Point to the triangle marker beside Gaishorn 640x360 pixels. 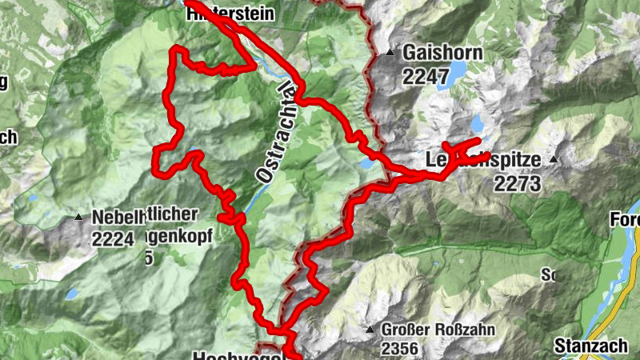tap(390, 54)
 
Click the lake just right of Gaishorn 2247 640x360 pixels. tap(458, 74)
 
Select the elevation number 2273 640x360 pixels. tap(517, 184)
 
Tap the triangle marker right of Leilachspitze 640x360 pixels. tap(553, 160)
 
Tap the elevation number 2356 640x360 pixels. tap(400, 348)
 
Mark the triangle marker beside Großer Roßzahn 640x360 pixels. tap(370, 330)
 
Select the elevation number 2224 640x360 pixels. tap(112, 238)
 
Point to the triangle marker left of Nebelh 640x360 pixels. tap(78, 217)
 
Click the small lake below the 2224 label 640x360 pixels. tap(72, 294)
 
